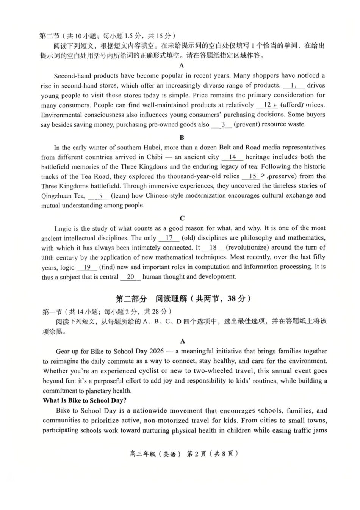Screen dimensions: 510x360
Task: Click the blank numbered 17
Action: point(169,238)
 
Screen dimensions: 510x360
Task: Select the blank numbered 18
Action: point(213,248)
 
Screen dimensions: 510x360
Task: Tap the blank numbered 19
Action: point(87,267)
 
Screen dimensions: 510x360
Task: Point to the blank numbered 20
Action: point(130,277)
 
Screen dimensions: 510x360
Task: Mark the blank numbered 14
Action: point(232,157)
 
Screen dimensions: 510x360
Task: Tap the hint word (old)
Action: point(188,238)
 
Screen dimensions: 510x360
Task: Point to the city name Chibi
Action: point(154,157)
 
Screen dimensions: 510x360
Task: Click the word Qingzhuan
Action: point(57,196)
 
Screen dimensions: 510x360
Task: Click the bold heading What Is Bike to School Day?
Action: point(85,400)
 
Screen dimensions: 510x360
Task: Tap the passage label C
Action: point(182,218)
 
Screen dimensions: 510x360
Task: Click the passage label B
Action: point(182,137)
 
